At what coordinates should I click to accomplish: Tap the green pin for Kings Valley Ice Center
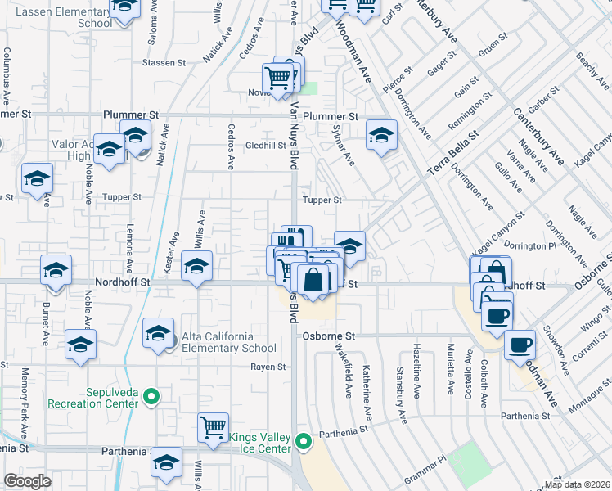304,443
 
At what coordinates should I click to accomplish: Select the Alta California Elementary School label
219,336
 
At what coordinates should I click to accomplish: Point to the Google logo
27,481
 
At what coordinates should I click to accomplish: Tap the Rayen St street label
263,366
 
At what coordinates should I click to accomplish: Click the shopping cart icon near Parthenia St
213,427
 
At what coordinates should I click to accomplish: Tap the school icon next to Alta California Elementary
158,333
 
